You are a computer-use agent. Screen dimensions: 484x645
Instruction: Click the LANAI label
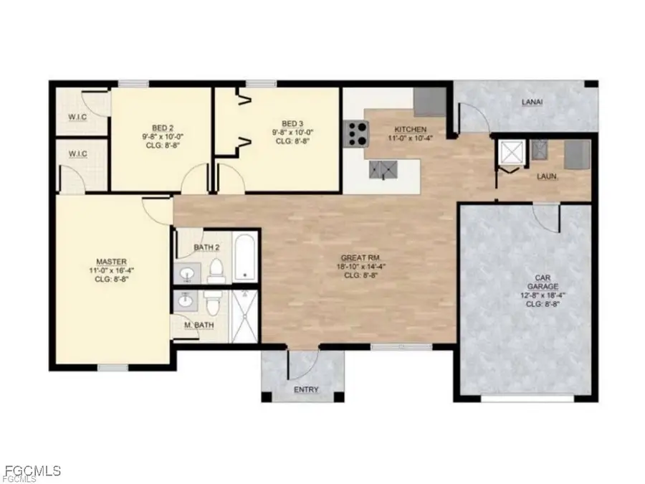pyautogui.click(x=531, y=103)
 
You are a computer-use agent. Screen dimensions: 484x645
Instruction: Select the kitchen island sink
pyautogui.click(x=382, y=169)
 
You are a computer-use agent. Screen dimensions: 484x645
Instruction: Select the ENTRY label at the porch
pyautogui.click(x=306, y=390)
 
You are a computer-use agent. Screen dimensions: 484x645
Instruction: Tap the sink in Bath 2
pyautogui.click(x=188, y=273)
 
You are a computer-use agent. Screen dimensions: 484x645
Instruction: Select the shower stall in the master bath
pyautogui.click(x=244, y=315)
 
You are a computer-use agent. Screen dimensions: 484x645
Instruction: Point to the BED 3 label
pyautogui.click(x=292, y=123)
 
